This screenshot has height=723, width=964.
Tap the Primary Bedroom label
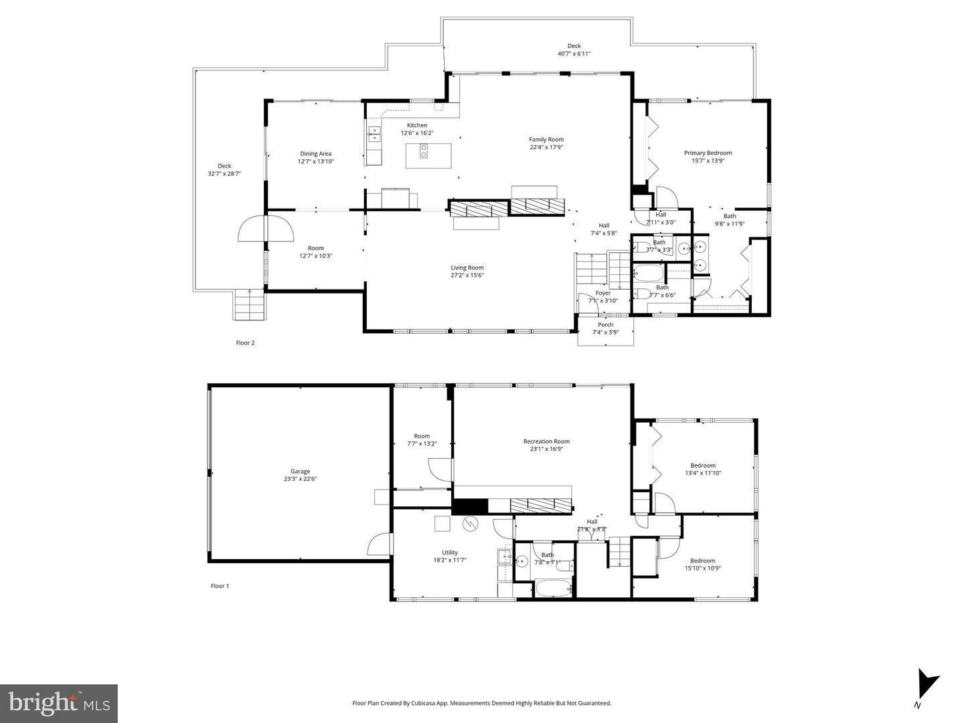tap(708, 153)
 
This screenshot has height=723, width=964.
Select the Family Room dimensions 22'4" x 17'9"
tap(546, 147)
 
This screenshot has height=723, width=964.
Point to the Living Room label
tap(467, 268)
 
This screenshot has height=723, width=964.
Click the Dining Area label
tap(315, 154)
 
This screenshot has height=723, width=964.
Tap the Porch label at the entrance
tap(605, 325)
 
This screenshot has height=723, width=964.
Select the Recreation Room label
tap(546, 441)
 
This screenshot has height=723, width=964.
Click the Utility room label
tap(450, 552)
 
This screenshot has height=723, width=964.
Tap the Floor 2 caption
tap(245, 343)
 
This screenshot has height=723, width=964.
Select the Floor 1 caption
tap(220, 586)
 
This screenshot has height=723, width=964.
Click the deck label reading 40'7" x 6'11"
tap(574, 54)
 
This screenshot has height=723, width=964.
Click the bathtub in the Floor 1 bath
tap(553, 589)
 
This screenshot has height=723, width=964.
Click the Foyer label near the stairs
tap(603, 293)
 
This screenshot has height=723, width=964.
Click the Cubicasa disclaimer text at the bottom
tap(481, 703)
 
